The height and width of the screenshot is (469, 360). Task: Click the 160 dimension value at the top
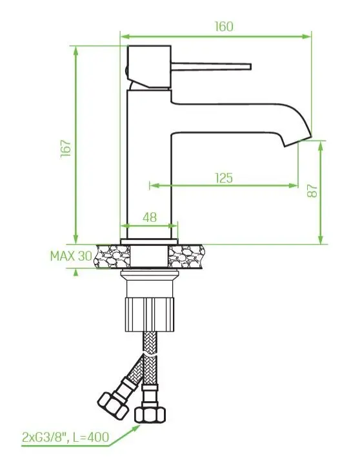click(224, 26)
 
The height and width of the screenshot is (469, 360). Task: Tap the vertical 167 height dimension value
click(66, 148)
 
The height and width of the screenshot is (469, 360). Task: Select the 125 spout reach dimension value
click(224, 178)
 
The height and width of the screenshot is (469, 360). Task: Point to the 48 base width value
click(150, 217)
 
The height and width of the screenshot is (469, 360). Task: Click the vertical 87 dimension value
click(312, 190)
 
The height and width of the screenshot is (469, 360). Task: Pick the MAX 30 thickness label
click(71, 256)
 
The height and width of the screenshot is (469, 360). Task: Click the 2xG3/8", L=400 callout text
click(65, 437)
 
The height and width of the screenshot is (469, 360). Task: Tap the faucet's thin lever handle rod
click(211, 66)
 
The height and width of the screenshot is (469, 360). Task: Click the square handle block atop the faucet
click(149, 66)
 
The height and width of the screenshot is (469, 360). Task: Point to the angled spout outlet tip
click(298, 141)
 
